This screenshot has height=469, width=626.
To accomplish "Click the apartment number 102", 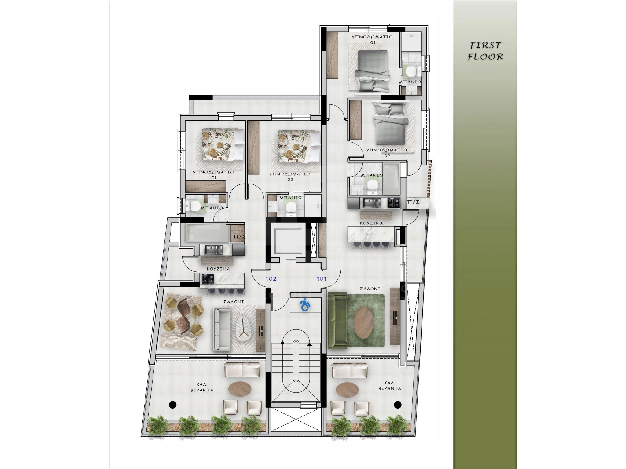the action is pyautogui.click(x=271, y=279).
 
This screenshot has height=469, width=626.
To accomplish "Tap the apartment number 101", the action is pyautogui.click(x=321, y=279).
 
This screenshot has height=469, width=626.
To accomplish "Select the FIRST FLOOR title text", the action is pyautogui.click(x=485, y=51).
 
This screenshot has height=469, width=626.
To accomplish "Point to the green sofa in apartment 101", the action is pyautogui.click(x=337, y=320).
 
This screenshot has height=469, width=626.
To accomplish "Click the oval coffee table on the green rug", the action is pyautogui.click(x=363, y=323).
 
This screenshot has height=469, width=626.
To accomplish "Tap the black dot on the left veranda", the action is pyautogui.click(x=173, y=405).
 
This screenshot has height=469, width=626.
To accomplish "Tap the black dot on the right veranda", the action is pyautogui.click(x=397, y=405).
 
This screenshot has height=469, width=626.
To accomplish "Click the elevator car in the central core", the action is pyautogui.click(x=288, y=241).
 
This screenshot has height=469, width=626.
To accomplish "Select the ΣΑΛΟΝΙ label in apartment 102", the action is pyautogui.click(x=234, y=302).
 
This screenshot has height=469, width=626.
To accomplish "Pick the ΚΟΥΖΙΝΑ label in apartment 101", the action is pyautogui.click(x=371, y=223).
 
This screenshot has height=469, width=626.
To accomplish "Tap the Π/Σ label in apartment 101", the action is pyautogui.click(x=413, y=202).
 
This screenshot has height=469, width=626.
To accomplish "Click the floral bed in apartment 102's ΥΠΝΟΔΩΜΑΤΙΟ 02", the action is pyautogui.click(x=299, y=146).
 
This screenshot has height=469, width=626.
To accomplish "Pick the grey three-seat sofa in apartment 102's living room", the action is pyautogui.click(x=222, y=329).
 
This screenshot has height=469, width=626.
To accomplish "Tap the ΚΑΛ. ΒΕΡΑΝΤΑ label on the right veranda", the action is pyautogui.click(x=389, y=386).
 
